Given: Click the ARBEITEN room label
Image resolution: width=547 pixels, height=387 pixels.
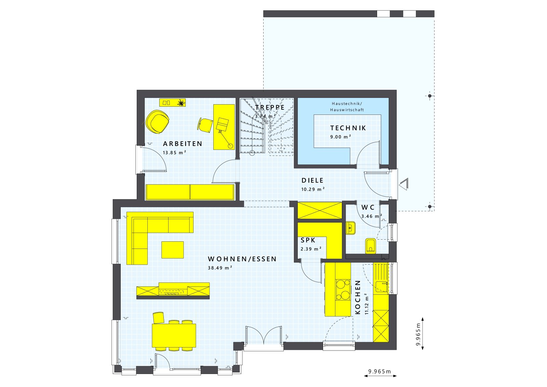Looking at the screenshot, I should pyautogui.click(x=183, y=144).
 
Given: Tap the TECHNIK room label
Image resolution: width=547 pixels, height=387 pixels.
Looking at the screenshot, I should pyautogui.click(x=348, y=128).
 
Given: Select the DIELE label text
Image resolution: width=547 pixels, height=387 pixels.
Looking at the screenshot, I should pyautogui.click(x=312, y=181).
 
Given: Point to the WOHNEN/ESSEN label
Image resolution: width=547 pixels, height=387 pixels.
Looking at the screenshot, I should pyautogui.click(x=242, y=259).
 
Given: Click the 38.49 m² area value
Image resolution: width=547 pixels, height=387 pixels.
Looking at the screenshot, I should pyautogui.click(x=220, y=268).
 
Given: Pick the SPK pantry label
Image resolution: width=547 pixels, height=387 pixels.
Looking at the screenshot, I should pyautogui.click(x=308, y=240).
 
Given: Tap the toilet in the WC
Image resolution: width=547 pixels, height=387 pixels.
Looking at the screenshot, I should pyautogui.click(x=370, y=245).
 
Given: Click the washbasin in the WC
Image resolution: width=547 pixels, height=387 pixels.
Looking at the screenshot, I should pyautogui.click(x=350, y=228).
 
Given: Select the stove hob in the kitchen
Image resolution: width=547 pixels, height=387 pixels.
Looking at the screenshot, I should pyautogui.click(x=343, y=289).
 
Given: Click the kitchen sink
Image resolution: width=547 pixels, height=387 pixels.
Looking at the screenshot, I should pyautogui.click(x=381, y=286).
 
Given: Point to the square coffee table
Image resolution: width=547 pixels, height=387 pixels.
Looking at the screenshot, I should pyautogui.click(x=172, y=250).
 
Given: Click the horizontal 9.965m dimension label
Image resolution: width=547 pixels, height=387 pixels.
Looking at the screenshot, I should pyautogui.click(x=379, y=371).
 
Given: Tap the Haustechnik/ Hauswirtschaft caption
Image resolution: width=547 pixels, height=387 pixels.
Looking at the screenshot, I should pyautogui.click(x=347, y=107).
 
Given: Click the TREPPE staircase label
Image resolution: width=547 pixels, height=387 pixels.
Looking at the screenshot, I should pyautogui.click(x=270, y=107).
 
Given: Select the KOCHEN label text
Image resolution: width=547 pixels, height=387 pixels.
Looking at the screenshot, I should pyautogui.click(x=358, y=297).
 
